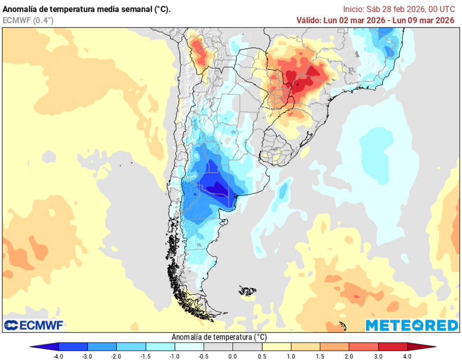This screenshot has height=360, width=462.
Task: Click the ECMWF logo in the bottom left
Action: [x=34, y=325]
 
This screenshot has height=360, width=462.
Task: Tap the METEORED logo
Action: [x=411, y=325]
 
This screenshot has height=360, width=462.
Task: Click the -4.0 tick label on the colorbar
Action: [x=58, y=356]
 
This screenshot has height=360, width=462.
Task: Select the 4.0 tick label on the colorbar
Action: [x=407, y=356]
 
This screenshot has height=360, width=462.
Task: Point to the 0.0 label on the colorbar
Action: [x=233, y=356]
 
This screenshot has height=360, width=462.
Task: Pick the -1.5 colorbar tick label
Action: [x=146, y=356]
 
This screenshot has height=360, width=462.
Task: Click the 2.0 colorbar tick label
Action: [x=349, y=356]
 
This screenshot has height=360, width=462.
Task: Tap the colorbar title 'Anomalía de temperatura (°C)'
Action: [x=219, y=337]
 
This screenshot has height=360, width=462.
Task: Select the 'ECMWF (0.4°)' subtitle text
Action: [x=28, y=20]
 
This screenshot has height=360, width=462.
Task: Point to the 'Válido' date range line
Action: [x=375, y=20]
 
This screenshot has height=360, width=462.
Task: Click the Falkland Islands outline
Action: [x=248, y=291]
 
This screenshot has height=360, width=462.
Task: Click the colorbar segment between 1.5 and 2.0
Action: [x=334, y=346]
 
